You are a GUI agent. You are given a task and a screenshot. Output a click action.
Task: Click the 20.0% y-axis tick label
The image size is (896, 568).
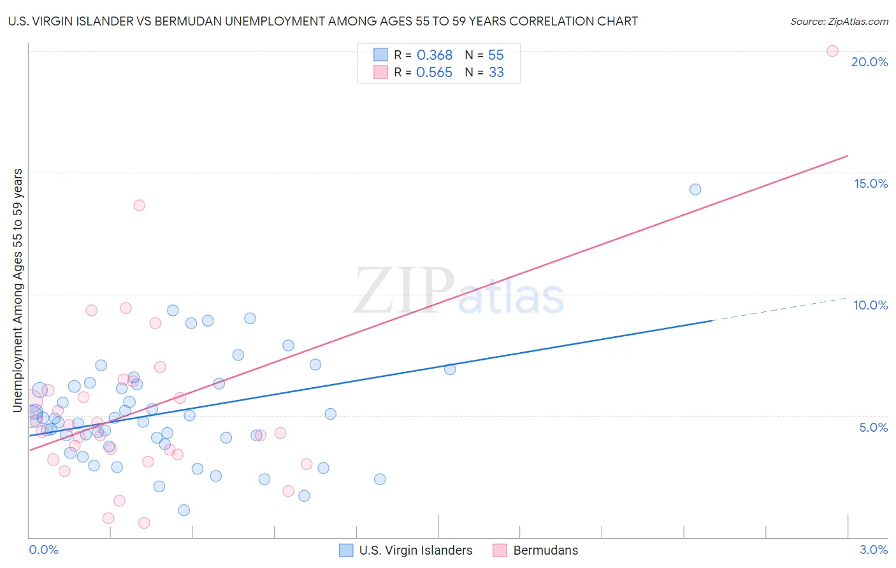(869, 62)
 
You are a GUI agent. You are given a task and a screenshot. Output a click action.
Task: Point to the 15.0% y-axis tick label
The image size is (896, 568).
(871, 183)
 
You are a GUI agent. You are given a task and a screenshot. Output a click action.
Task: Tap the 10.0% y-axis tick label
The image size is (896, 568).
(871, 305)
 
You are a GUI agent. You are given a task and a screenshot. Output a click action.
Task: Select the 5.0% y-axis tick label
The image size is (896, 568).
(873, 427)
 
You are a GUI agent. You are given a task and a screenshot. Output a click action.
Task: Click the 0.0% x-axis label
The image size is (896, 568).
(43, 550)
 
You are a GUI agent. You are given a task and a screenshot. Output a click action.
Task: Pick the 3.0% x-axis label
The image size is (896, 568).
(873, 550)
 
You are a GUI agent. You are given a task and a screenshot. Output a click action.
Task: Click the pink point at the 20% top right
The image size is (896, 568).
(832, 51)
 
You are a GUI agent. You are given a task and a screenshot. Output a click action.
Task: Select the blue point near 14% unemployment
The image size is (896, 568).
(695, 189)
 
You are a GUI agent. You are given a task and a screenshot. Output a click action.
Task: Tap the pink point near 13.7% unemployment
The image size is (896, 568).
(139, 205)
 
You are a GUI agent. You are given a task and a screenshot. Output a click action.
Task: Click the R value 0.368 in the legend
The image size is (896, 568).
(434, 55)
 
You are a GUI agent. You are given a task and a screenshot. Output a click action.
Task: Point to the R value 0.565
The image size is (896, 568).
(434, 73)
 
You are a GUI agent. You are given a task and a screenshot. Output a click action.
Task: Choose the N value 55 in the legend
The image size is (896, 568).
(496, 55)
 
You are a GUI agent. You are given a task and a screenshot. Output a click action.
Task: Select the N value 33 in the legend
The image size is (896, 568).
(496, 73)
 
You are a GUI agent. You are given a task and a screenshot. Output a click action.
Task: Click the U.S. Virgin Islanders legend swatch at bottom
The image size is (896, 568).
(346, 551)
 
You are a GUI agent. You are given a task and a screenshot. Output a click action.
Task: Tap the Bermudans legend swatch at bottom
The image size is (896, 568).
(500, 551)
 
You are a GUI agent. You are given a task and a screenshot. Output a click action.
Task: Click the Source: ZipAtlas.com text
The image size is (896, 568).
(839, 22)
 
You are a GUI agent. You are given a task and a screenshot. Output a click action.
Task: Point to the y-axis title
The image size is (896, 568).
(17, 290)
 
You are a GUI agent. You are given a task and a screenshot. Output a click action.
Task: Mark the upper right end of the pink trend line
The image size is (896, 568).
(848, 155)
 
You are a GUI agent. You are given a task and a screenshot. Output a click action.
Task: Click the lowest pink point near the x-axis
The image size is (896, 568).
(144, 523)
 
